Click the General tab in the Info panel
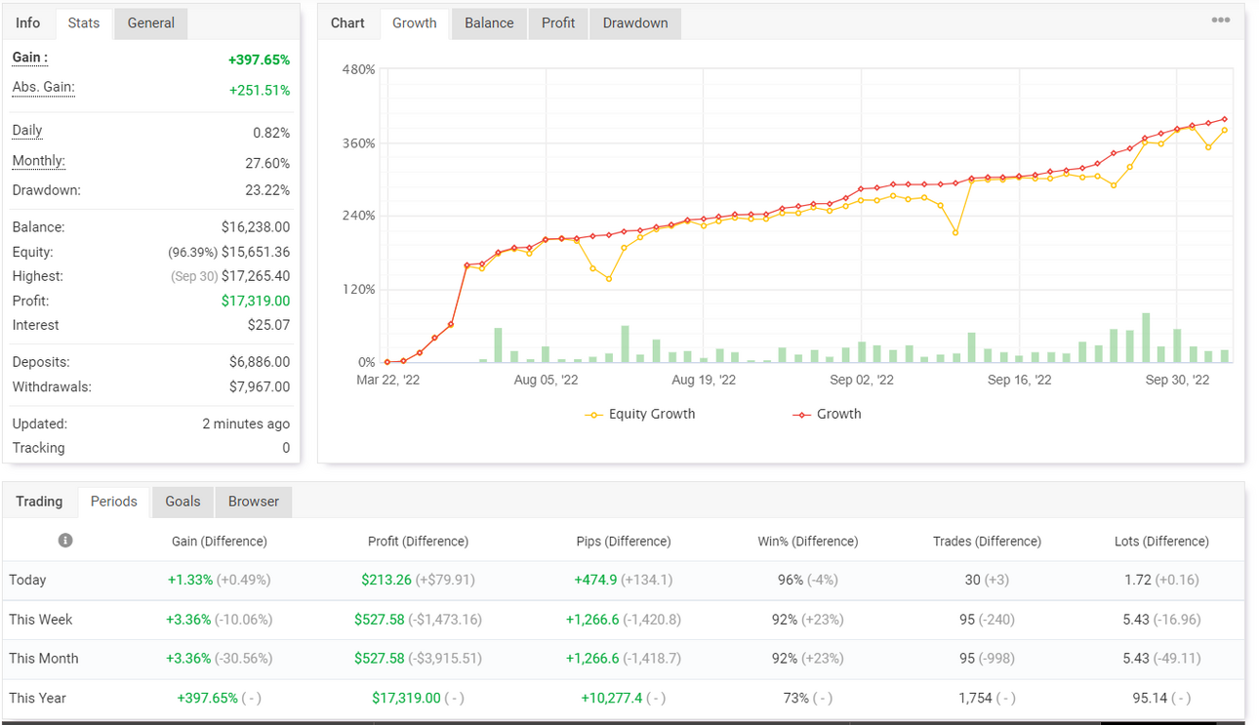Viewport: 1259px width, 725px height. click(x=150, y=23)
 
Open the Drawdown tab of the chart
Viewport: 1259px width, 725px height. click(x=635, y=23)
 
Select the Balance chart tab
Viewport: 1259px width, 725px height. click(x=489, y=23)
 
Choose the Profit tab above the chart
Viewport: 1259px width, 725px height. click(x=558, y=23)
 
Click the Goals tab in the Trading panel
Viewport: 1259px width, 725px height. click(x=183, y=502)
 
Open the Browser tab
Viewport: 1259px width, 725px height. click(x=254, y=502)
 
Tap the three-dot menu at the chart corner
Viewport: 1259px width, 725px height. click(x=1220, y=20)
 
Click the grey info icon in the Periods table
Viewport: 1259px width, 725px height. click(x=65, y=541)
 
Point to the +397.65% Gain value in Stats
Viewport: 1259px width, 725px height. click(x=259, y=60)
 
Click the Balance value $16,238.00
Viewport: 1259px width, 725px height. click(x=256, y=227)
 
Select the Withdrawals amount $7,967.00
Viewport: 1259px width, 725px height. click(x=260, y=386)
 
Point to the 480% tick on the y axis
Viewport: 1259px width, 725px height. click(x=358, y=69)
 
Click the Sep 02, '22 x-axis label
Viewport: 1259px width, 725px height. click(x=862, y=380)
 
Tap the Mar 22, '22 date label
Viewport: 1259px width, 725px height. click(x=387, y=380)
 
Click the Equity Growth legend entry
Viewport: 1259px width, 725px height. click(x=640, y=414)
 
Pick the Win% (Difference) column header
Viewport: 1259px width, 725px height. click(x=808, y=542)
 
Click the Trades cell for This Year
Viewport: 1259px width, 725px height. click(x=987, y=698)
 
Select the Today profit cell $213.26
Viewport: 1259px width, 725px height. click(x=386, y=580)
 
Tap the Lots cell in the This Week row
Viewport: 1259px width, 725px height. click(x=1161, y=620)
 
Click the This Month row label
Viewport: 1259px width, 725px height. click(x=44, y=658)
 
